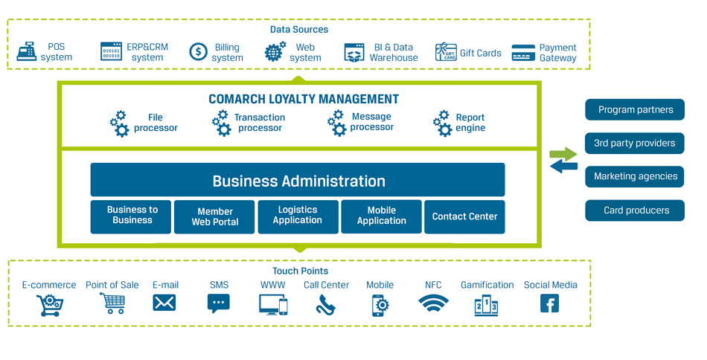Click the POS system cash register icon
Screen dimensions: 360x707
coord(27,51)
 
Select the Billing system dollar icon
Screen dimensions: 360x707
coord(198,51)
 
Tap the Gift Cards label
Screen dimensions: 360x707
coord(480,53)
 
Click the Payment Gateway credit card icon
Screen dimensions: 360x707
coord(523,52)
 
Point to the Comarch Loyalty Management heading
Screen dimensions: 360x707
coord(303,99)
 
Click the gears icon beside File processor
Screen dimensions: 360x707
coord(119,123)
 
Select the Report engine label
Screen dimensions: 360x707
coord(470,123)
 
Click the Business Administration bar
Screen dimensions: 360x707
coord(298,181)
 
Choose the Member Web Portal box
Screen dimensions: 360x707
coord(214,216)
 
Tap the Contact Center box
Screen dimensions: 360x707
coord(464,216)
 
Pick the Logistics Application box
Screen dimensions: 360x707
coord(298,216)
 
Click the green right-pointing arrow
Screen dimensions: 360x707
coord(563,154)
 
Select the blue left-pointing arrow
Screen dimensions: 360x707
coord(563,167)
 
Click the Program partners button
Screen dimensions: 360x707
coord(635,109)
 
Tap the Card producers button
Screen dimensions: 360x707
coord(635,210)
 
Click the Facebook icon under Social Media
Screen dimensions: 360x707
coord(549,303)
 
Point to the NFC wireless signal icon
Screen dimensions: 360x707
coord(433,303)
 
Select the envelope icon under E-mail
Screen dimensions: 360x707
coord(164,303)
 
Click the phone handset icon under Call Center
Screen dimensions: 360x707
coord(325,304)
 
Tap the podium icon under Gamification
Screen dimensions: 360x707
coord(486,305)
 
